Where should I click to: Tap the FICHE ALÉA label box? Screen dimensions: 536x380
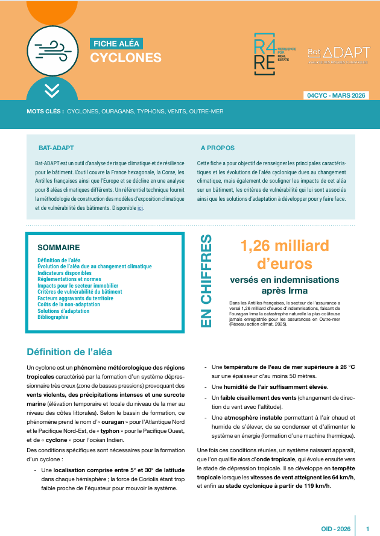tap(116, 43)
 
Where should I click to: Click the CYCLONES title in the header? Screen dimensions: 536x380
tap(126, 58)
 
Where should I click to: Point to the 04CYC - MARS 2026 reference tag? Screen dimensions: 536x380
tap(336, 95)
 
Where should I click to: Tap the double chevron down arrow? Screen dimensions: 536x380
tap(52, 90)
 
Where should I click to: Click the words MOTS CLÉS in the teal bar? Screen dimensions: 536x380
tap(45, 112)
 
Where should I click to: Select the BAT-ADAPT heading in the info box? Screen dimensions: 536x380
tap(56, 148)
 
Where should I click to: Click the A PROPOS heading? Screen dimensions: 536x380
tap(217, 148)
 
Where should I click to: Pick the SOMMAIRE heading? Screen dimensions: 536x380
tap(59, 248)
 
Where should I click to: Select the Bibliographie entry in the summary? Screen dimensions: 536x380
tap(53, 317)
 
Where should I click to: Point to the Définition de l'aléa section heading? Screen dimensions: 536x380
tap(69, 352)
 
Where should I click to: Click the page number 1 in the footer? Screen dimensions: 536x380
tap(368, 529)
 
